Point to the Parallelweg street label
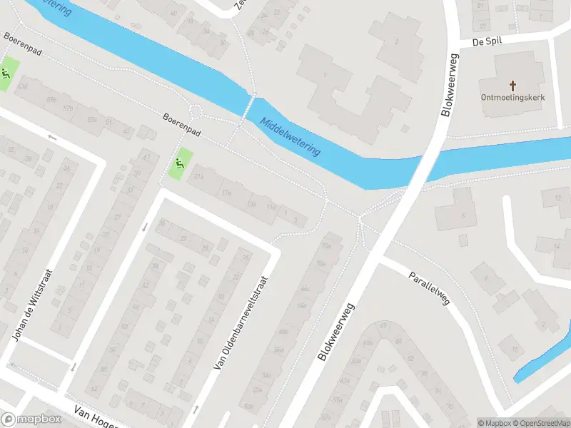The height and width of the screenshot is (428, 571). click(x=429, y=288)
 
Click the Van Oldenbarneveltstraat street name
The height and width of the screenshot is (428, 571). click(x=243, y=323)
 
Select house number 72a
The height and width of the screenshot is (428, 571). click(x=328, y=246)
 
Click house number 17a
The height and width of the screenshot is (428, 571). click(x=227, y=193)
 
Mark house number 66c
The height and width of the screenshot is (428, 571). click(x=305, y=289)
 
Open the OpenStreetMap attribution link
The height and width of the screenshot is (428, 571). click(x=540, y=423)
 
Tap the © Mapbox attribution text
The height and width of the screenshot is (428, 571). click(x=494, y=423)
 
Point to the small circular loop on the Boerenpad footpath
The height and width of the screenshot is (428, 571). click(x=197, y=111)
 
